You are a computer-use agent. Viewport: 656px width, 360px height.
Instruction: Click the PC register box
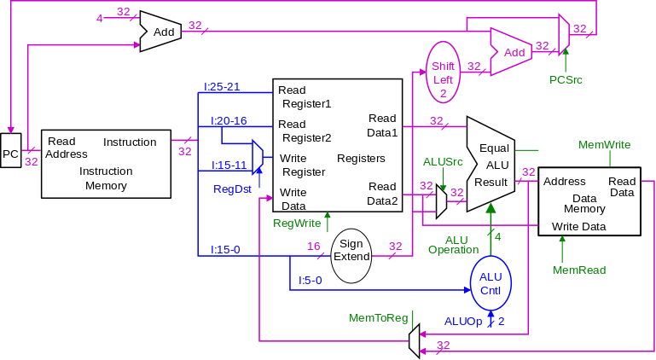[x=10, y=154]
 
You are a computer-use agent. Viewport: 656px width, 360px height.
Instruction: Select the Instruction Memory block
[x=107, y=164]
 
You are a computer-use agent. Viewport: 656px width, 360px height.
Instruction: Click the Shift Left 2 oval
[x=443, y=69]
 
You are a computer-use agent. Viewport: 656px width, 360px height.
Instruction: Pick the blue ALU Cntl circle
[x=491, y=283]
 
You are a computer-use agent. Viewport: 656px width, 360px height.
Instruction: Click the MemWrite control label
[x=604, y=145]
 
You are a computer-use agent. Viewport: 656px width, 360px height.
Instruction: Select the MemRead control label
[x=579, y=270]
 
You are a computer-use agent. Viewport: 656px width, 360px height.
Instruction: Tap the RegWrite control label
[x=296, y=224]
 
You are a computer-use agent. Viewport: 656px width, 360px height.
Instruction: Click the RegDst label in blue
[x=232, y=189]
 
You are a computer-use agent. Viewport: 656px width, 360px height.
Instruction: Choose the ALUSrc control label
[x=444, y=161]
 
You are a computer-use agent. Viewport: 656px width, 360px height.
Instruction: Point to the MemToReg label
[x=379, y=318]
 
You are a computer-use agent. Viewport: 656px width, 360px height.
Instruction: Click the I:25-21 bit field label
[x=221, y=87]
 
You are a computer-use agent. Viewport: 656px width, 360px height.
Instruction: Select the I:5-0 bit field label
[x=310, y=280]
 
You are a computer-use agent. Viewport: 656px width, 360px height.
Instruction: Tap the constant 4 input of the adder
[x=100, y=17]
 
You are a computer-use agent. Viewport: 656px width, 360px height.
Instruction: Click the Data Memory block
[x=589, y=201]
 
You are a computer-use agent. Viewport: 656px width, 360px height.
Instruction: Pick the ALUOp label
[x=462, y=322]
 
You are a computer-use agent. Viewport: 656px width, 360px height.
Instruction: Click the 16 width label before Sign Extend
[x=313, y=247]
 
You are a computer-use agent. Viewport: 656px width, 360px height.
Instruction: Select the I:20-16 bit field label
[x=229, y=121]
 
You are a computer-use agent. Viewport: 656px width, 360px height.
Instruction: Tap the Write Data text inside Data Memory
[x=578, y=227]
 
